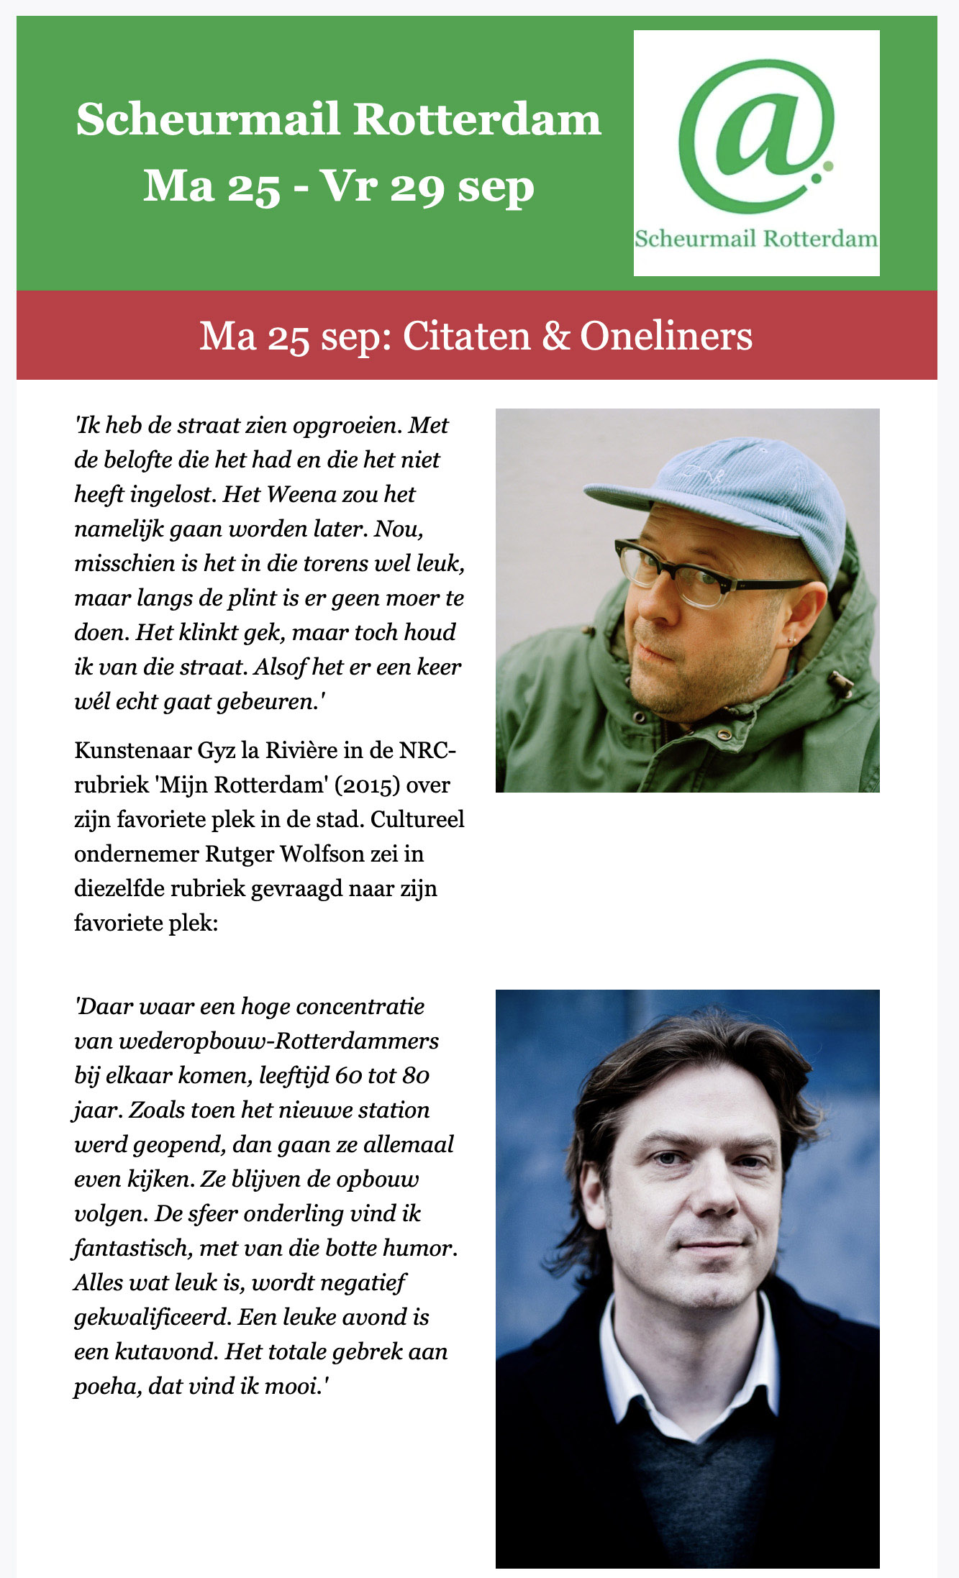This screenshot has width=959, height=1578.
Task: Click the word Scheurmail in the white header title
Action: [207, 119]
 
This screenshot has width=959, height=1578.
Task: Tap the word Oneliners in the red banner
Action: [666, 336]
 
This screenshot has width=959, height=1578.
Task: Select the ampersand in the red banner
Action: [555, 336]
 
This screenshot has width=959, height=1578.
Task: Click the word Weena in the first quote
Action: [294, 494]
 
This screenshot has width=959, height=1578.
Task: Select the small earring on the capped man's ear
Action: [791, 639]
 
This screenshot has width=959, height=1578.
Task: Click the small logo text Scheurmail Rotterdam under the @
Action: [756, 239]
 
